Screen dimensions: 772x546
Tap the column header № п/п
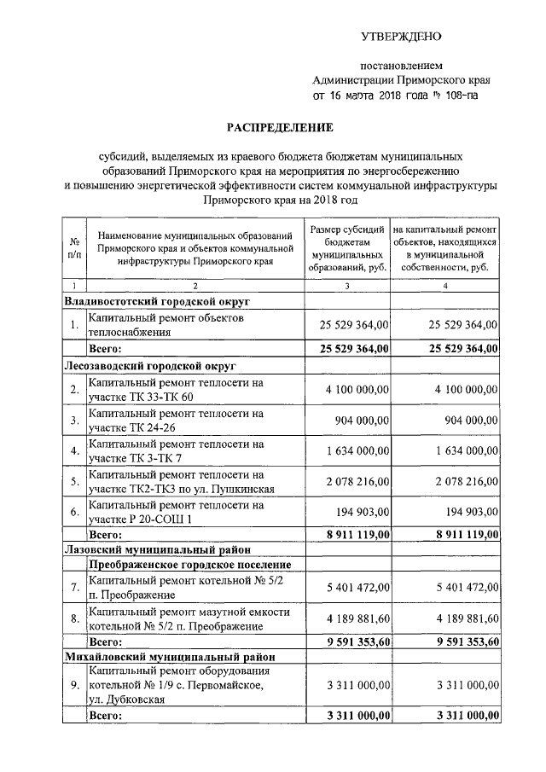tap(74, 247)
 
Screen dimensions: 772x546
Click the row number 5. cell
tap(74, 482)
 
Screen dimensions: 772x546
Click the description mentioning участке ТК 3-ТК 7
tap(174, 450)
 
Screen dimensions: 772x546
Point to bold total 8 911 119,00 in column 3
tap(355, 534)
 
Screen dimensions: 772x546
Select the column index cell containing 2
tap(195, 286)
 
